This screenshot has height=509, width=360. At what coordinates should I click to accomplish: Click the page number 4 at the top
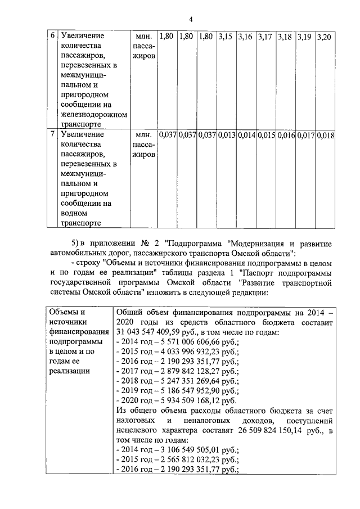point(191,19)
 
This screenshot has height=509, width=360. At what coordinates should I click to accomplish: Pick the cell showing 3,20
point(325,37)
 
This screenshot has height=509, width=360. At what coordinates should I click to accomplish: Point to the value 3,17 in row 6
point(265,37)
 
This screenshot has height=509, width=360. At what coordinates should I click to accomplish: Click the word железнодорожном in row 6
point(93,114)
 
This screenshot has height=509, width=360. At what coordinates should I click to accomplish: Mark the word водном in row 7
point(73,213)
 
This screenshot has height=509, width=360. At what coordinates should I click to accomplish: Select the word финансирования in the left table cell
point(79,332)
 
